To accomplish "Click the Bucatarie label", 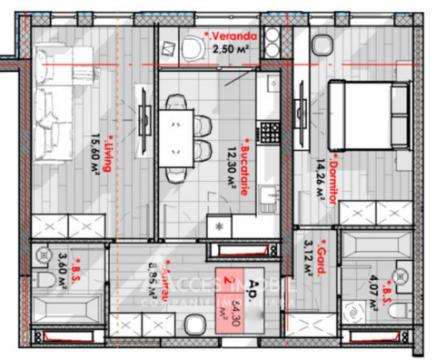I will click(x=245, y=160).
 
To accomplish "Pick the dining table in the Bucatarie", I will click(x=177, y=130).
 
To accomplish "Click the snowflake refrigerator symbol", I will click(x=221, y=226).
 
